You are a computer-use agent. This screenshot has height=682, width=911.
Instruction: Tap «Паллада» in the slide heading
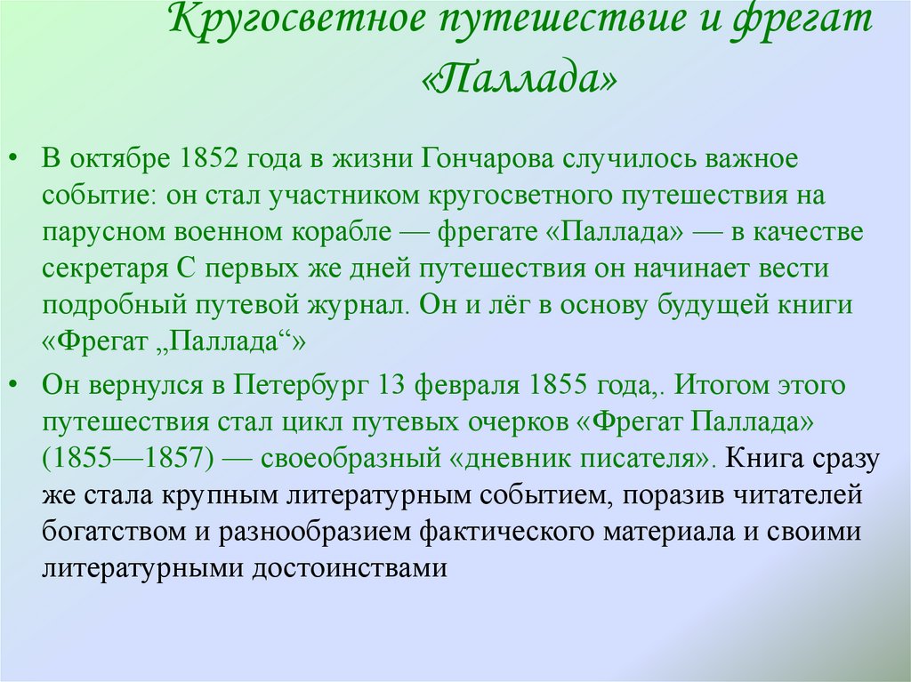pyautogui.click(x=519, y=77)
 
